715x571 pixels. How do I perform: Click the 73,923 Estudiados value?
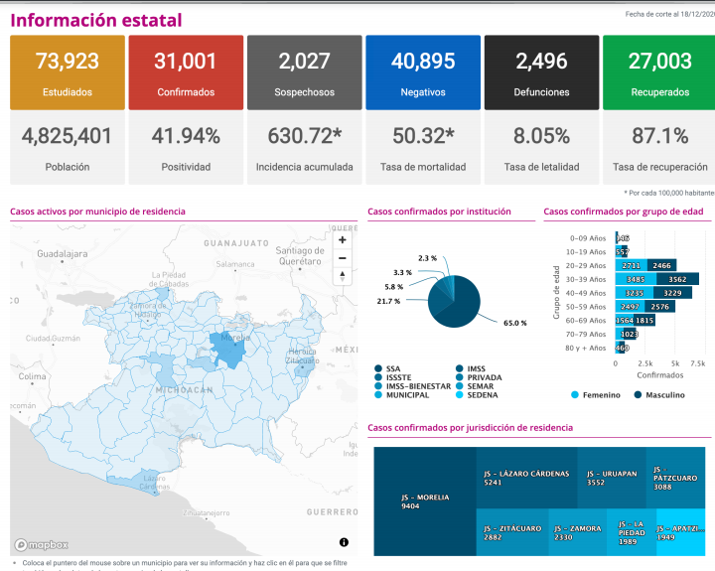tap(68, 62)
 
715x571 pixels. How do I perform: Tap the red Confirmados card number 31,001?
tap(185, 62)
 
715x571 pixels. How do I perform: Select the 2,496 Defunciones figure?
tap(541, 62)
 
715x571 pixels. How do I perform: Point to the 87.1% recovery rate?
tap(660, 136)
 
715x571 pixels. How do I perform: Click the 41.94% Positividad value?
tap(185, 136)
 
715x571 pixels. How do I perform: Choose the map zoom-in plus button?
tap(343, 239)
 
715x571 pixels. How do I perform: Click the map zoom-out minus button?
tap(343, 258)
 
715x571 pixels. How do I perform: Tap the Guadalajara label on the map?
tap(64, 254)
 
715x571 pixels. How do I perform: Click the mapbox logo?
tap(42, 544)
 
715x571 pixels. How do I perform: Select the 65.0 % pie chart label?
tap(514, 324)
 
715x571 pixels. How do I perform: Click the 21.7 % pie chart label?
tap(388, 301)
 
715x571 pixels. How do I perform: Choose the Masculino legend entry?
tap(659, 394)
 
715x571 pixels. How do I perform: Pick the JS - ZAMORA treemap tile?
tap(577, 533)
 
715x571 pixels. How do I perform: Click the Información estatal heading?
tap(96, 20)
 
